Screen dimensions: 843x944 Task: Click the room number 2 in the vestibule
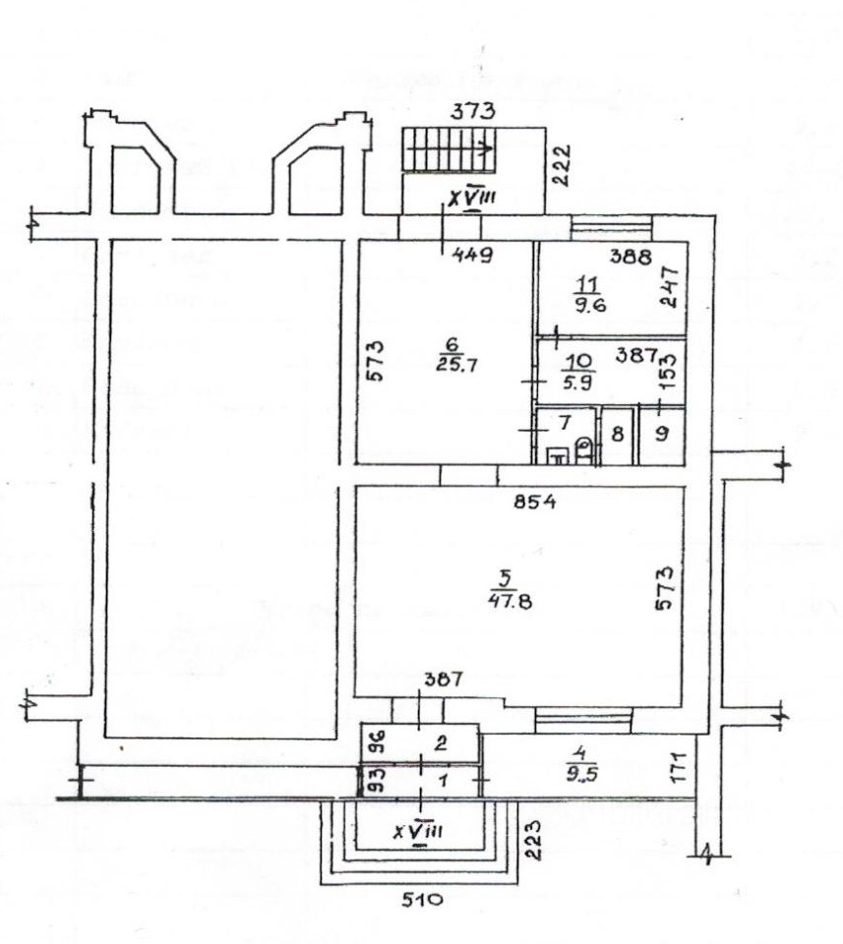443,744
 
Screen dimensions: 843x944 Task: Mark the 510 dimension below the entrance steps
423,898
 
